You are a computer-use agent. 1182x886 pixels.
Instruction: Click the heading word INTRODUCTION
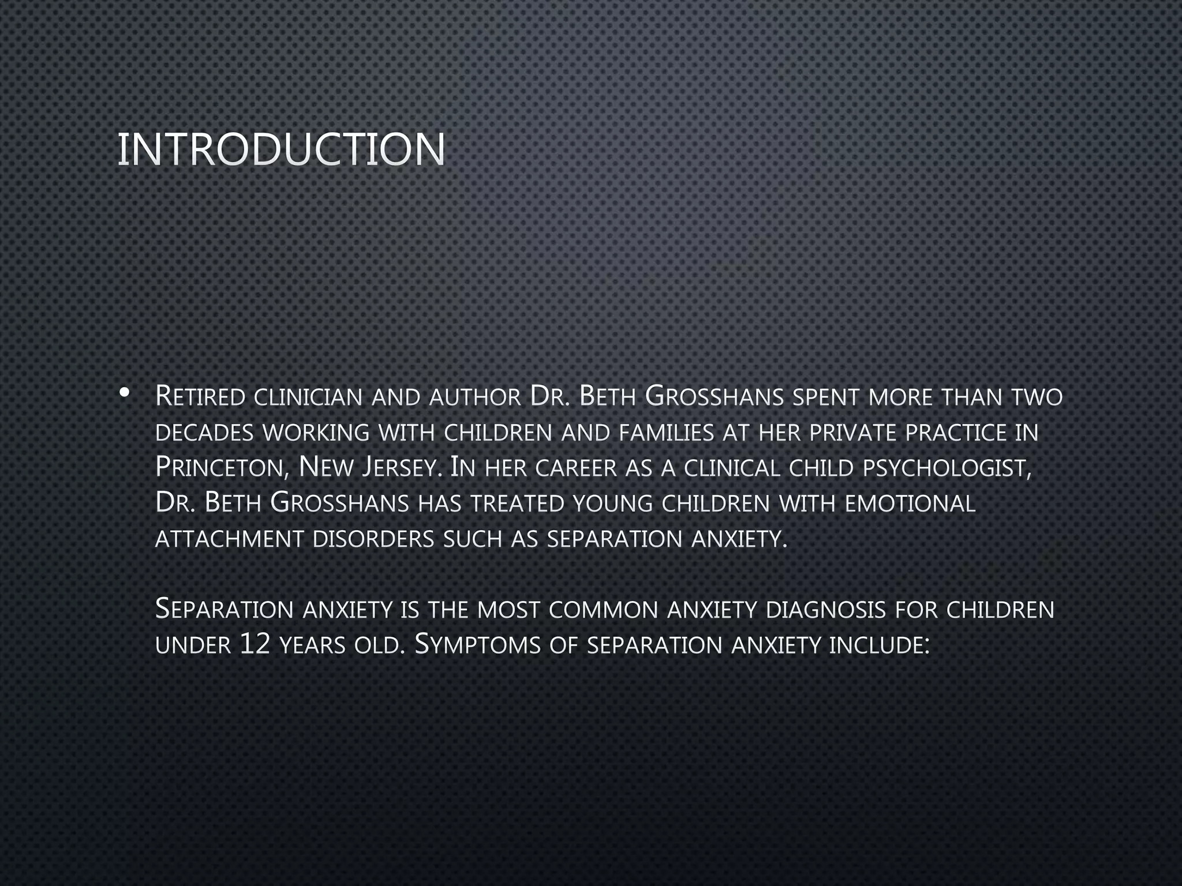tap(281, 149)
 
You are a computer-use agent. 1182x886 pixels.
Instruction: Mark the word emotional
tap(910, 504)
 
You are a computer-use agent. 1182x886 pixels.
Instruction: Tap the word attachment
tap(229, 539)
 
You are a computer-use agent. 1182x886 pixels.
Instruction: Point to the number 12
tap(255, 645)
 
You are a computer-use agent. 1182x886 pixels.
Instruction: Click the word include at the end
tap(878, 645)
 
